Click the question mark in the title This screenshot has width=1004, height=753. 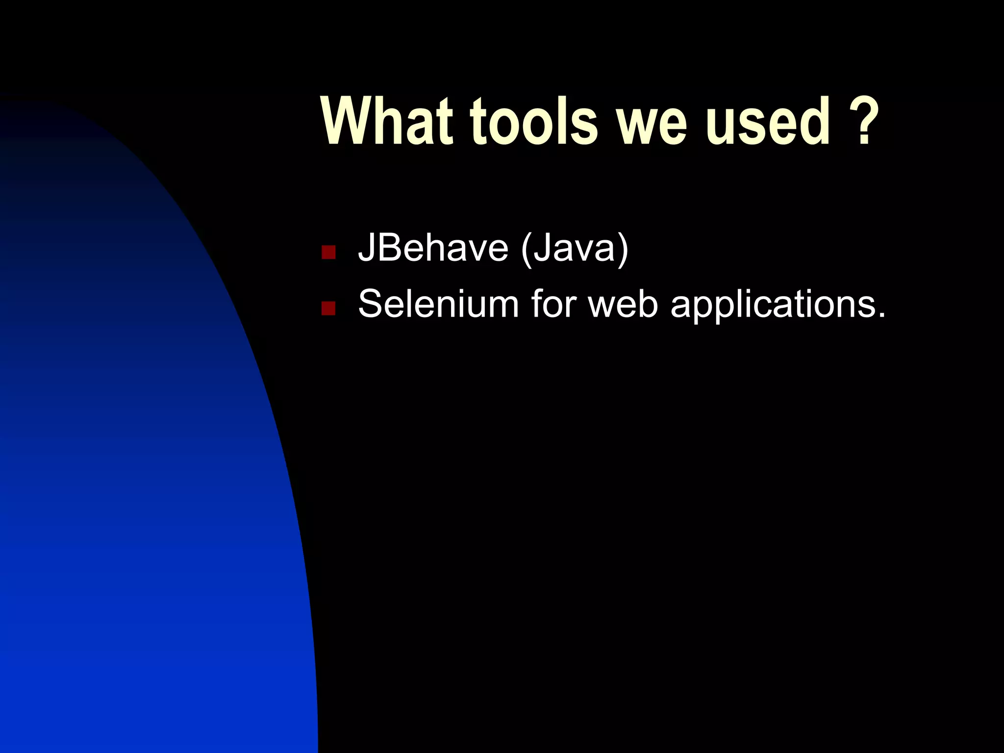tap(865, 121)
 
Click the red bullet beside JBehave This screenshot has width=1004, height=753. tap(328, 252)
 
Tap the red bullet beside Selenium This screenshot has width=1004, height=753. tap(328, 308)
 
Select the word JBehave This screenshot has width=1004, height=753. tap(433, 248)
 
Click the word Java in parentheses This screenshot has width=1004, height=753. tap(574, 248)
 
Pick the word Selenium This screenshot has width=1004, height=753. tap(438, 304)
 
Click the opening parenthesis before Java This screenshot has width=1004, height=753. tap(527, 250)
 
